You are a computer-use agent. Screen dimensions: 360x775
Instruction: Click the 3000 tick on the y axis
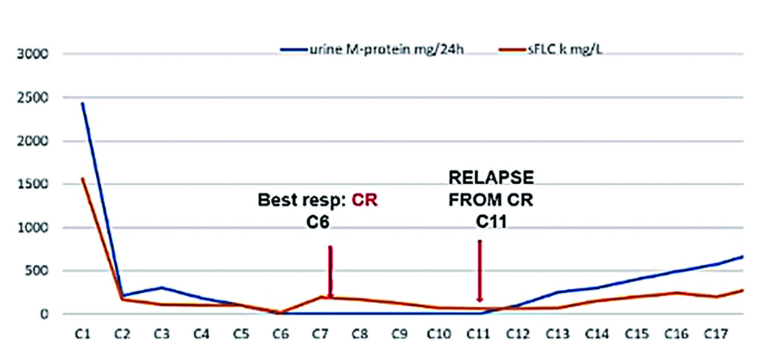point(33,54)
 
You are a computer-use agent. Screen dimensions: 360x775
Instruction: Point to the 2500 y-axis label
point(33,98)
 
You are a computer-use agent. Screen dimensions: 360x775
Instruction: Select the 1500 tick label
point(33,184)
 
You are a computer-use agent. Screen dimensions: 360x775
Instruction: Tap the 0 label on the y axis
point(44,314)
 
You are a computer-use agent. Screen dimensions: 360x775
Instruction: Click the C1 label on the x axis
point(83,334)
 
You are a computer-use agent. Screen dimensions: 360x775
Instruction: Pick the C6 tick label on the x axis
point(281,334)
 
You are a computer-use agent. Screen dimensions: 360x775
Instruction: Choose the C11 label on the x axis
point(478,334)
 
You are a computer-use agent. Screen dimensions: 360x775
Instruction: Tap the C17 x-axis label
point(716,334)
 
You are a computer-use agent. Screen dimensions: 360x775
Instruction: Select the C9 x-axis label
point(399,334)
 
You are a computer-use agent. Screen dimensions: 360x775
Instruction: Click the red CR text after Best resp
point(364,200)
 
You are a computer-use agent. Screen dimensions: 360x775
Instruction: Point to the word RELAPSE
point(491,178)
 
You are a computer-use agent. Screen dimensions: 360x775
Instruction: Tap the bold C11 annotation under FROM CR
point(491,222)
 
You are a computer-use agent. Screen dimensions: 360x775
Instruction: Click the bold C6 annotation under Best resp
point(318,222)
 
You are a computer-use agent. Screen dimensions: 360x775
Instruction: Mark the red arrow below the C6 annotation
point(330,272)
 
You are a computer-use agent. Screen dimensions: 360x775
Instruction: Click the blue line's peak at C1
point(83,103)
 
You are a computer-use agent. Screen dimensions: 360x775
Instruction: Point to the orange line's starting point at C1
point(83,179)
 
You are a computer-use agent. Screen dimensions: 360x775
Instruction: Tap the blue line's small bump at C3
point(162,287)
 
